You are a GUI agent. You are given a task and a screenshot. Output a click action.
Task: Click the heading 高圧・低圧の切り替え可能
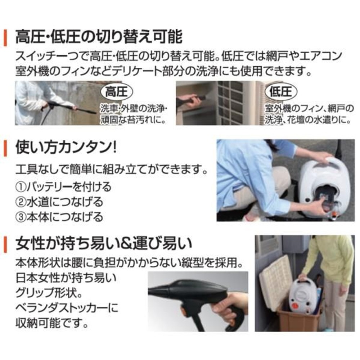click(x=99, y=37)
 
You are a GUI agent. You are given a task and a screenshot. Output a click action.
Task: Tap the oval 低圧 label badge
click(x=280, y=92)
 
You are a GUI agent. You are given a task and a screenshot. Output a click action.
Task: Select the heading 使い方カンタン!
click(x=66, y=148)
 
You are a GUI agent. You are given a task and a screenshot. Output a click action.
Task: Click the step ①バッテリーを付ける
click(x=63, y=187)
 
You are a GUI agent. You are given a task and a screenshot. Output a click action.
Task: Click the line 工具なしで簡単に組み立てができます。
click(x=112, y=170)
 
